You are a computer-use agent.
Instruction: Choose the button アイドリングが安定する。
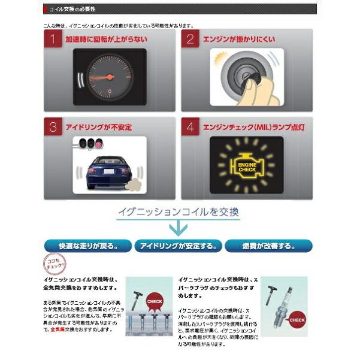[x=179, y=246]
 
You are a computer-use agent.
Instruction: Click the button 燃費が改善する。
[x=269, y=246]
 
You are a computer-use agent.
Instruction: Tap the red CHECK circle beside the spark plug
[x=296, y=320]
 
